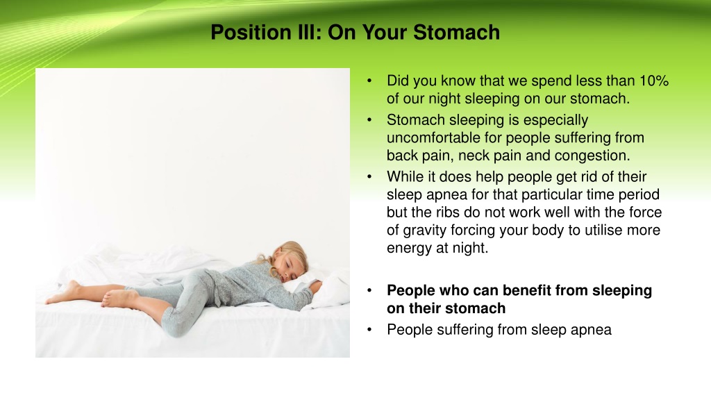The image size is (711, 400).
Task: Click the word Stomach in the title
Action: [x=457, y=32]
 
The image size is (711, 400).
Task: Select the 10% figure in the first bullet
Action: [x=654, y=81]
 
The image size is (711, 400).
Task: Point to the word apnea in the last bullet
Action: [x=592, y=330]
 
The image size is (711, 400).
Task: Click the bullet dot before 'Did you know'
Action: [x=369, y=81]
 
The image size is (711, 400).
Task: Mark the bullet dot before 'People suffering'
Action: [x=369, y=330]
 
